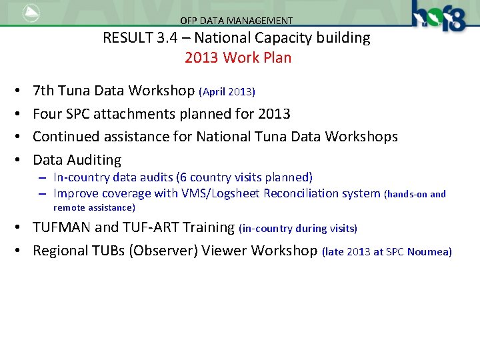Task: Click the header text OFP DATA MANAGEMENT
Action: coord(236,21)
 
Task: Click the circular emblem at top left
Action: coord(31,13)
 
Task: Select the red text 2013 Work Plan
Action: coord(238,57)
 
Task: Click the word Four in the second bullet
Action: coord(47,113)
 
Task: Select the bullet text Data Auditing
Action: coord(77,160)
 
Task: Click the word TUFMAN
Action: coord(61,227)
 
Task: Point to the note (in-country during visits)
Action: coord(297,229)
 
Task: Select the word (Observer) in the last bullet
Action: coord(178,251)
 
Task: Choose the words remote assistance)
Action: coord(94,207)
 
